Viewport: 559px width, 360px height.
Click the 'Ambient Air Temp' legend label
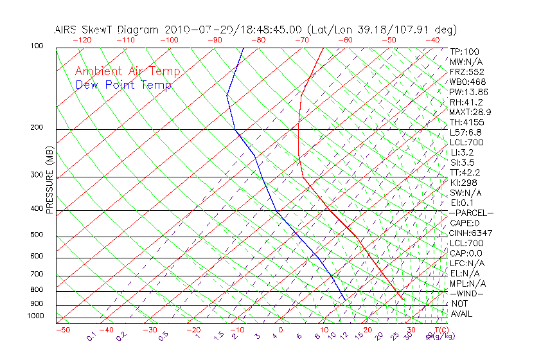[127, 71]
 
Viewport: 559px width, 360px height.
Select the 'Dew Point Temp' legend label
[123, 85]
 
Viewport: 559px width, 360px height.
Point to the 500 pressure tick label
[37, 235]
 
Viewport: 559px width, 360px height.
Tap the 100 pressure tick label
[37, 46]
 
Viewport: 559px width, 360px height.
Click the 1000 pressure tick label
[35, 316]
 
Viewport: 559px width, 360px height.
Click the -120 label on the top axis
[82, 40]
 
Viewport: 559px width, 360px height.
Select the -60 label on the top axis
[345, 40]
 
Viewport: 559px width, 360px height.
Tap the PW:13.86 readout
[469, 92]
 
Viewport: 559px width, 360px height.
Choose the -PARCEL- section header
[471, 213]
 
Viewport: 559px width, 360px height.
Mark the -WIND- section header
[467, 293]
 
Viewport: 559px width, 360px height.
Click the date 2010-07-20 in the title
[192, 30]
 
